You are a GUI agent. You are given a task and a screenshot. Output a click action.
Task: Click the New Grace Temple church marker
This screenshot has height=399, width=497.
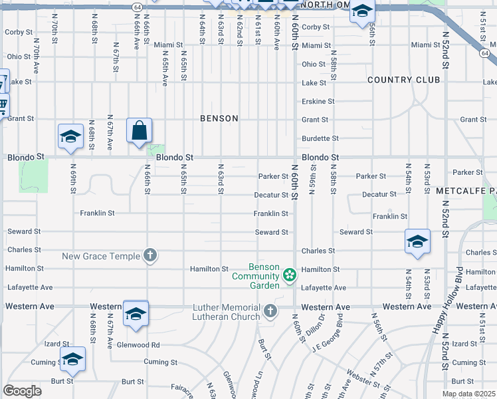pyautogui.click(x=150, y=255)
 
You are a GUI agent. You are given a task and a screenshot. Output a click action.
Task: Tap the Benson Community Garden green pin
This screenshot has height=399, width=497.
pyautogui.click(x=289, y=275)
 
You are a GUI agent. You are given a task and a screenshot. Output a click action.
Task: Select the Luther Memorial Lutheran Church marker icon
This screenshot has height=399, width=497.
pyautogui.click(x=269, y=311)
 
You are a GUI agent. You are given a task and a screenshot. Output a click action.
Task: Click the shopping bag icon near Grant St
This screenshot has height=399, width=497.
pyautogui.click(x=140, y=131)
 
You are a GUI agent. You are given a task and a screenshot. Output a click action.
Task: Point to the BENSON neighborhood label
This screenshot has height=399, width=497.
pyautogui.click(x=219, y=118)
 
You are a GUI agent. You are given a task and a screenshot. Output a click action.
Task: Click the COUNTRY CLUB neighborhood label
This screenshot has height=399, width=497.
pyautogui.click(x=404, y=80)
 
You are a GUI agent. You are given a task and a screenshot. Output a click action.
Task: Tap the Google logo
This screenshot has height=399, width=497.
pyautogui.click(x=22, y=391)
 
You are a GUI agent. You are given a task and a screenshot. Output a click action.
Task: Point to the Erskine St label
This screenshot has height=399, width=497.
pyautogui.click(x=318, y=101)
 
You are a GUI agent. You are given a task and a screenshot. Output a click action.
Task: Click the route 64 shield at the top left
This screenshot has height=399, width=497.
pyautogui.click(x=137, y=6)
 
